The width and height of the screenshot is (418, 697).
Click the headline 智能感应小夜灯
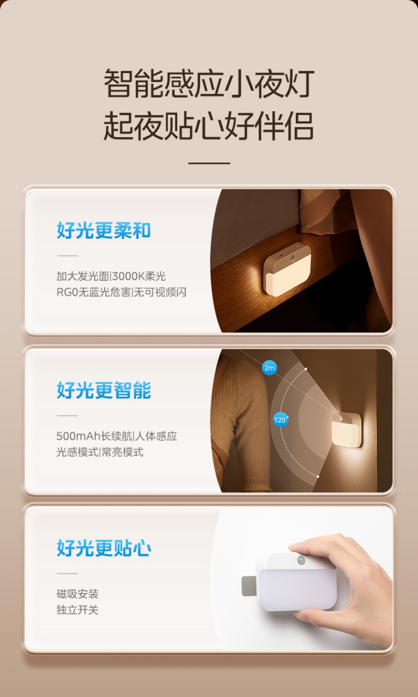(209, 83)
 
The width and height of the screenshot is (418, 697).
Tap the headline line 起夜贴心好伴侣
(209, 126)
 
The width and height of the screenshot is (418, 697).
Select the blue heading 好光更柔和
(104, 230)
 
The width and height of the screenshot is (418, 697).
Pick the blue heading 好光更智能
(104, 390)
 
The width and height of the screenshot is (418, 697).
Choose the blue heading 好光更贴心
(104, 548)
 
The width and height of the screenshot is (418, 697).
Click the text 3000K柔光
(139, 276)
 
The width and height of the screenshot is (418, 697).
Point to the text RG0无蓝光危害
(93, 292)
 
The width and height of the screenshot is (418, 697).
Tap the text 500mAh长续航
(94, 436)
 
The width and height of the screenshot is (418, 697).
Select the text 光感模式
(77, 452)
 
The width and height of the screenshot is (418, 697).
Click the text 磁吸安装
(77, 594)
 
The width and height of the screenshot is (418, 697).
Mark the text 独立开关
(77, 610)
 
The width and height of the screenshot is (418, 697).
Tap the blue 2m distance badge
(269, 368)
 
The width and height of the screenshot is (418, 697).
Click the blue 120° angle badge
(280, 420)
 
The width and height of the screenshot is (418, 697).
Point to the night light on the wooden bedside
(287, 269)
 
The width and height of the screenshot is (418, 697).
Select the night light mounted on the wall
(347, 430)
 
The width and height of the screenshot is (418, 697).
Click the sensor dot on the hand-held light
(301, 560)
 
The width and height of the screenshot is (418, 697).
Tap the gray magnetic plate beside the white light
(249, 585)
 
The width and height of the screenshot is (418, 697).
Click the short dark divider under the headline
(209, 163)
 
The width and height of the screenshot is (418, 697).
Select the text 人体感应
(156, 436)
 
